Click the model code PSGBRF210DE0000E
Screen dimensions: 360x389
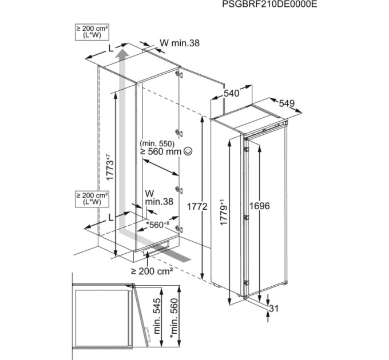269,5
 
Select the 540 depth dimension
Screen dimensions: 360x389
231,93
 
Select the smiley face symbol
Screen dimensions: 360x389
188,151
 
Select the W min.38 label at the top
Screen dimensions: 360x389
179,43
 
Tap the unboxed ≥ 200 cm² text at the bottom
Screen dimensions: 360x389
152,271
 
